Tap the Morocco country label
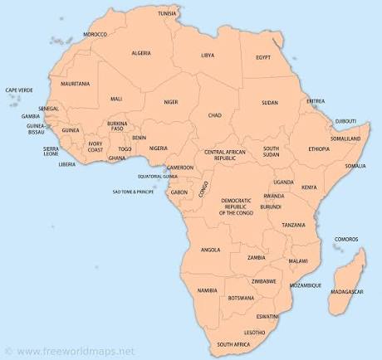point(95,34)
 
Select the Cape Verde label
point(19,90)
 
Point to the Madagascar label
point(346,292)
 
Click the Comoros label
point(346,240)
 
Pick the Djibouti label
point(345,121)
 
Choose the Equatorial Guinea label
point(158,176)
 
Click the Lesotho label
point(255,332)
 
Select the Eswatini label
point(267,316)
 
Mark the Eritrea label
point(316,101)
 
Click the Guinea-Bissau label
point(36,129)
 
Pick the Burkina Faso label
point(118,127)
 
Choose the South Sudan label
point(272,151)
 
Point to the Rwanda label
point(274,197)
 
